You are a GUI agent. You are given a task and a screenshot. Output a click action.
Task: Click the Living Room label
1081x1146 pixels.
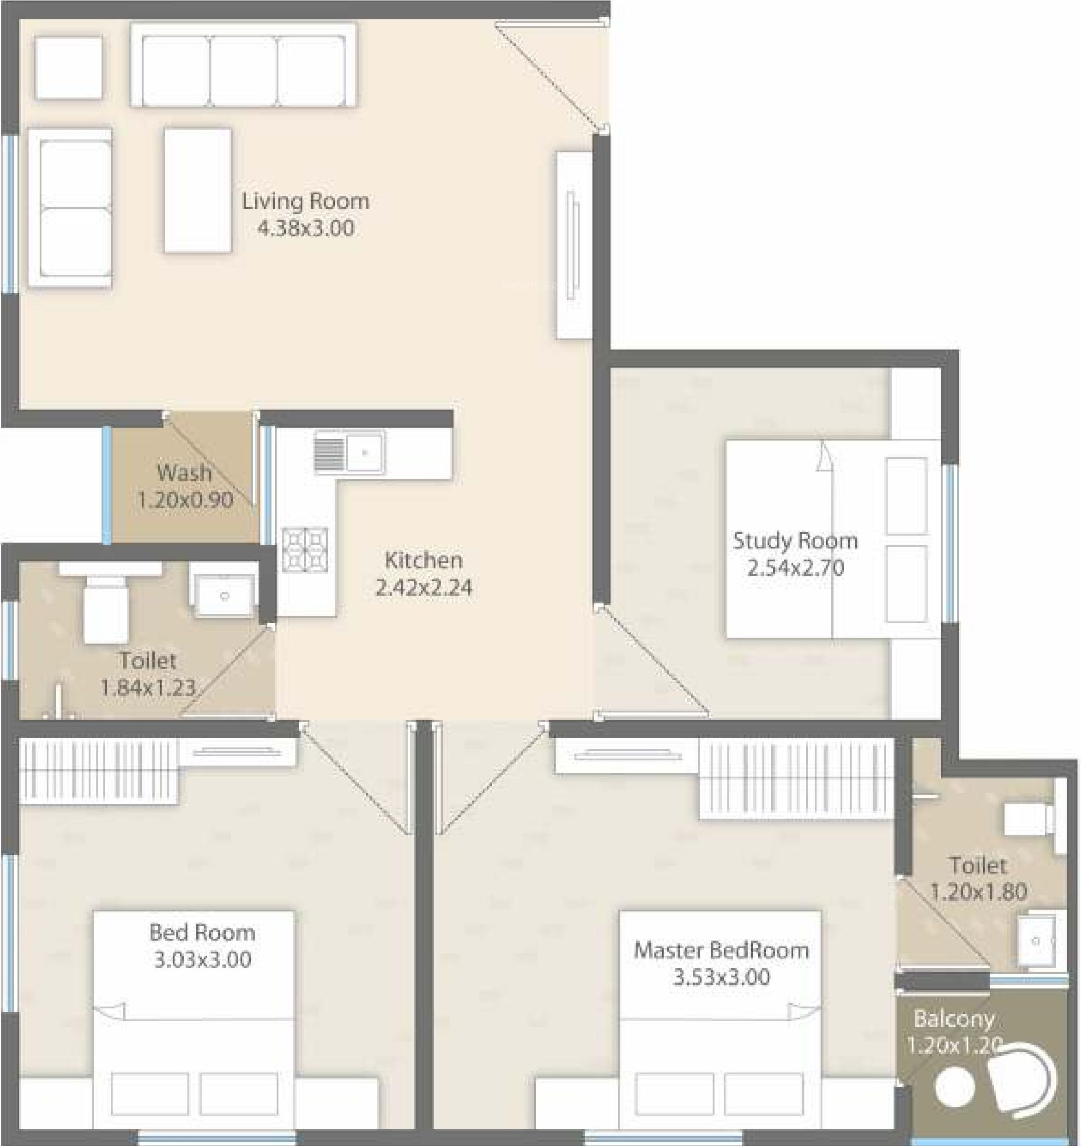pyautogui.click(x=306, y=201)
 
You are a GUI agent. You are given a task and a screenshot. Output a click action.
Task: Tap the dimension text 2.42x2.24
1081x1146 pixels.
pyautogui.click(x=424, y=588)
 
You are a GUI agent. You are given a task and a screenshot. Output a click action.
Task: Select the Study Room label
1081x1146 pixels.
pyautogui.click(x=796, y=540)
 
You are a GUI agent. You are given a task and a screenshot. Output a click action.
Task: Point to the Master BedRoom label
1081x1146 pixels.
pyautogui.click(x=721, y=951)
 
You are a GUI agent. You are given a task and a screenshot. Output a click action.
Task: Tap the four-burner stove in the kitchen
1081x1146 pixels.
pyautogui.click(x=305, y=550)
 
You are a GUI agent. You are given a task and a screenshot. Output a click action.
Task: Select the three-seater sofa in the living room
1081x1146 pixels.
pyautogui.click(x=243, y=65)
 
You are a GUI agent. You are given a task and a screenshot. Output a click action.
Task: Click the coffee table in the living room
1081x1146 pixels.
pyautogui.click(x=198, y=191)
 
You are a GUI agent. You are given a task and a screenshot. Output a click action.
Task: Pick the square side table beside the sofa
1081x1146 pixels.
pyautogui.click(x=69, y=67)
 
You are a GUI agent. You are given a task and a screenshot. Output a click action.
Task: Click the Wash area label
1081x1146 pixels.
pyautogui.click(x=184, y=472)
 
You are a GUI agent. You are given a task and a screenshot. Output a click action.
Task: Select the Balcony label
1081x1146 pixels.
pyautogui.click(x=954, y=1019)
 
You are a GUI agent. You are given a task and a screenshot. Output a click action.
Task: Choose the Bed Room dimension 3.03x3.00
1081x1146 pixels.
pyautogui.click(x=203, y=959)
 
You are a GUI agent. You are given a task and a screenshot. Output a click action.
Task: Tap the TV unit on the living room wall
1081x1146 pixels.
pyautogui.click(x=574, y=245)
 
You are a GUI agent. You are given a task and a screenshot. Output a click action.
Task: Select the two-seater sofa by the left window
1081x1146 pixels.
pyautogui.click(x=70, y=208)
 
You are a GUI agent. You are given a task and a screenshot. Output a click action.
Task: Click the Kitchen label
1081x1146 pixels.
pyautogui.click(x=424, y=561)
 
